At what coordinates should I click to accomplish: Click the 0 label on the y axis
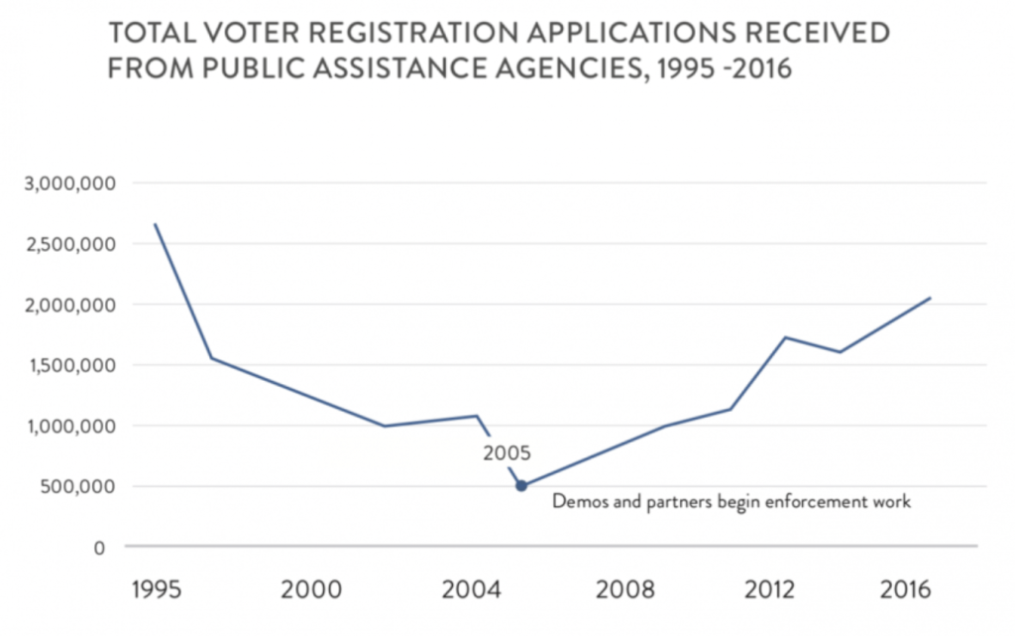pos(99,547)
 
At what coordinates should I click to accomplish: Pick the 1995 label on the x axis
pos(157,590)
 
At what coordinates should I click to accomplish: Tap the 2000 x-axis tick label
pos(311,590)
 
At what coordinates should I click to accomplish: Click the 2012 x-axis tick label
pos(769,590)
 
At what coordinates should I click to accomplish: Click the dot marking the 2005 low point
pos(521,486)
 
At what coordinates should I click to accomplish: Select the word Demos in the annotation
pos(576,502)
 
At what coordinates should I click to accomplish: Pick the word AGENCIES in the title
pos(578,70)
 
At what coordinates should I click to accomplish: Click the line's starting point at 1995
pos(155,224)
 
